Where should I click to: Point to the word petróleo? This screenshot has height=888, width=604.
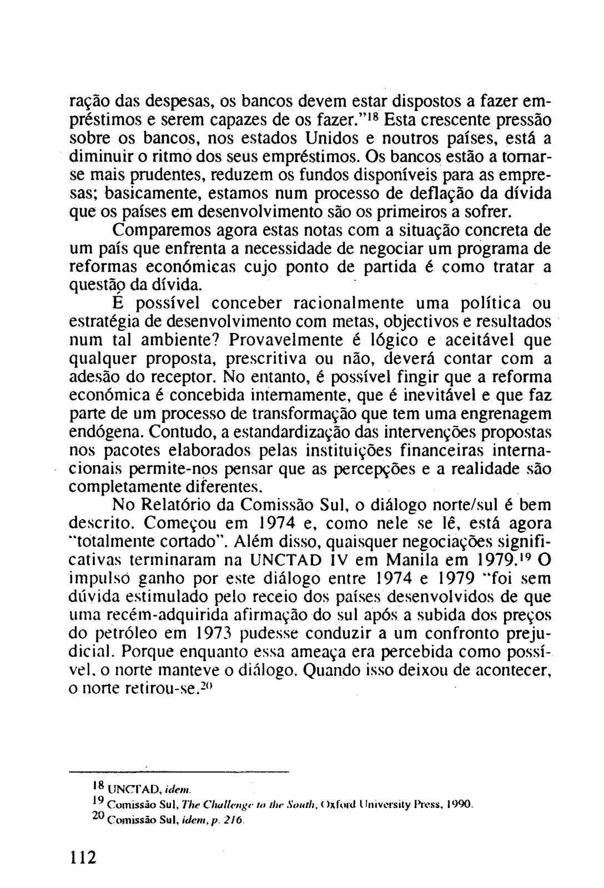pyautogui.click(x=121, y=633)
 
